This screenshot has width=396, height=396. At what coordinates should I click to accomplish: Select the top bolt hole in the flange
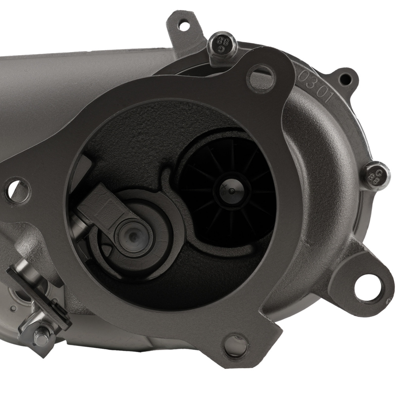pyautogui.click(x=259, y=74)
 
